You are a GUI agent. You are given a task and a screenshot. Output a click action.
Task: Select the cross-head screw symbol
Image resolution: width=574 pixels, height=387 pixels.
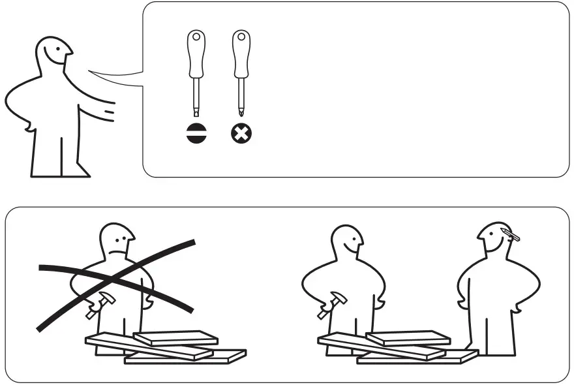point(241,134)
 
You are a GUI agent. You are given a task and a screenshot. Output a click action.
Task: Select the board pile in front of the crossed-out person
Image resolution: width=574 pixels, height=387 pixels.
point(163,347)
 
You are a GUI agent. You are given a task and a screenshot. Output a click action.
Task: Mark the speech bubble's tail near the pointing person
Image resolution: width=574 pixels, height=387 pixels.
point(117,78)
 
